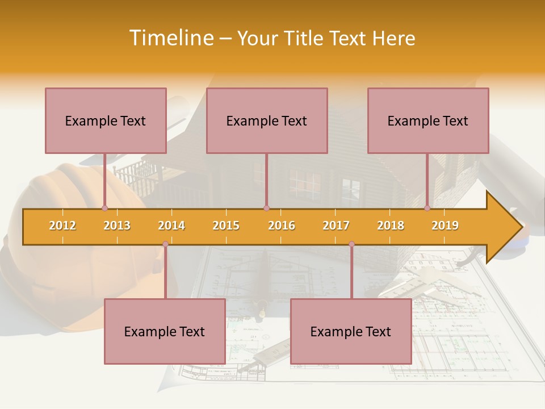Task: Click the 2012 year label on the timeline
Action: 62,226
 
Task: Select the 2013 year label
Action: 117,226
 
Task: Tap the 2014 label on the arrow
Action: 171,226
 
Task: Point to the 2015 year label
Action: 226,226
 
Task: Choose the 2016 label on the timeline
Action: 282,226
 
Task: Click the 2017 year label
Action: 336,226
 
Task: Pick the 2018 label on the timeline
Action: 391,226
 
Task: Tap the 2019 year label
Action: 445,226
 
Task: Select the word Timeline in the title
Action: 171,38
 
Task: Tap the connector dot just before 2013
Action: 104,208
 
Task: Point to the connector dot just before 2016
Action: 266,208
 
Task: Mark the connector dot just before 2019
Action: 427,208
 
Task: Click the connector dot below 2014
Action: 165,244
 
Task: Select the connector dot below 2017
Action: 351,244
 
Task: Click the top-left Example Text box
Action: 106,120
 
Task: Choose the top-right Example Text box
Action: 428,120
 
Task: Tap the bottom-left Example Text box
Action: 165,331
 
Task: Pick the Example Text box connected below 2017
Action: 351,331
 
